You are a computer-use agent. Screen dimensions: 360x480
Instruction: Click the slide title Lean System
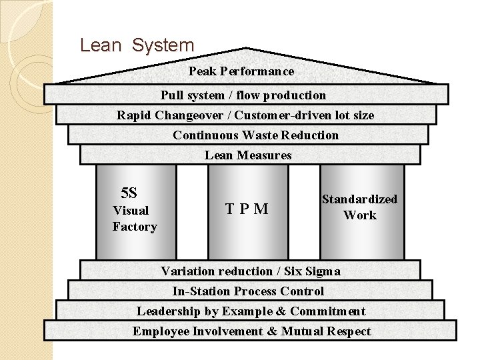(x=137, y=45)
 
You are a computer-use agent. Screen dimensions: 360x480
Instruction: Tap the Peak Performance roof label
(x=241, y=71)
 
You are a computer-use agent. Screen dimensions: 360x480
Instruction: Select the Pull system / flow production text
(x=243, y=95)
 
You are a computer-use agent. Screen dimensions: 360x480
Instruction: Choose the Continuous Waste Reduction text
(x=255, y=135)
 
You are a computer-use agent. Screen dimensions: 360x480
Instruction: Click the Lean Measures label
(x=248, y=155)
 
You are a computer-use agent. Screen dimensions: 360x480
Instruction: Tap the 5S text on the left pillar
(x=129, y=193)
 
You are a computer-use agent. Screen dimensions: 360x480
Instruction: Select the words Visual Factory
(x=134, y=219)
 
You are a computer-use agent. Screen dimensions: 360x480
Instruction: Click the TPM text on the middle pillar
(x=247, y=209)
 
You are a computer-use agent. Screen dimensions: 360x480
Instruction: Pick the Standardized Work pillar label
(x=359, y=207)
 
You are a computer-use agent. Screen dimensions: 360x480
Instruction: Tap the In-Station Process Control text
(x=248, y=291)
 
